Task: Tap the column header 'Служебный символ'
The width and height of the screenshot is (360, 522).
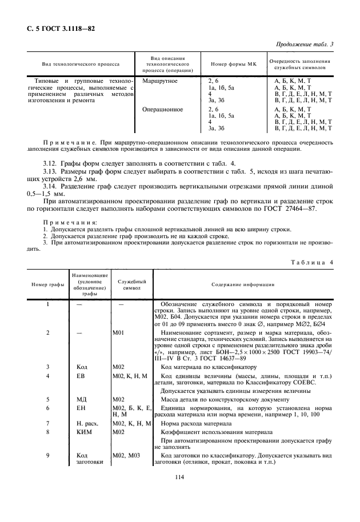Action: [x=131, y=284]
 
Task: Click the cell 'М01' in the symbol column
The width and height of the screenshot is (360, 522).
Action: [x=119, y=332]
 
